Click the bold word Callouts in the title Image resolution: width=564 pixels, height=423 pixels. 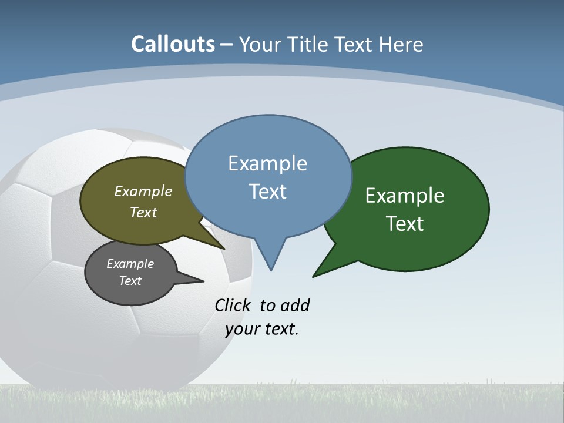pyautogui.click(x=173, y=44)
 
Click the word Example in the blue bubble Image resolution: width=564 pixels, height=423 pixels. pyautogui.click(x=267, y=163)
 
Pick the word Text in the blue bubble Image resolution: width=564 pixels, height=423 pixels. pyautogui.click(x=267, y=191)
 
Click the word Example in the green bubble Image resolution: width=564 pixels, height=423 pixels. pyautogui.click(x=405, y=196)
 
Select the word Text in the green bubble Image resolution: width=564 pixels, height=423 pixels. pyautogui.click(x=405, y=223)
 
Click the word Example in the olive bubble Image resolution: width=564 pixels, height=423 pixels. pyautogui.click(x=143, y=192)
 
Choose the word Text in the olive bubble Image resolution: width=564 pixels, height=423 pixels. pyautogui.click(x=143, y=212)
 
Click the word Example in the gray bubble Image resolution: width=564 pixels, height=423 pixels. pyautogui.click(x=130, y=264)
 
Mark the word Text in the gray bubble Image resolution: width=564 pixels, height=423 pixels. pyautogui.click(x=130, y=281)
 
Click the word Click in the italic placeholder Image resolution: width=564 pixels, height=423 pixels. pyautogui.click(x=233, y=305)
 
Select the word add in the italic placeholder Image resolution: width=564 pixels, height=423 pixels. pyautogui.click(x=295, y=305)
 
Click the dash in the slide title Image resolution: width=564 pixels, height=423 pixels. pyautogui.click(x=227, y=45)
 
